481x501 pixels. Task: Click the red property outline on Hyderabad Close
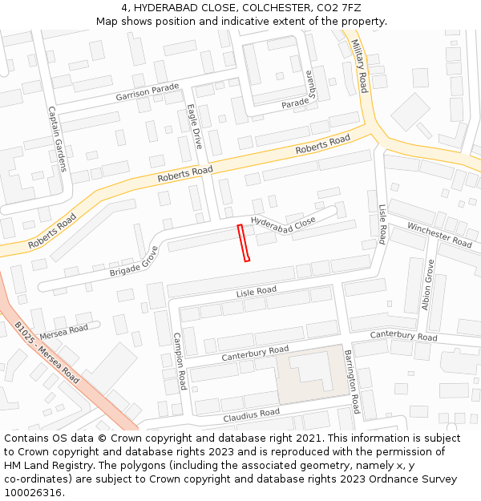pyautogui.click(x=244, y=243)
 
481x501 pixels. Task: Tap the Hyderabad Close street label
pyautogui.click(x=283, y=224)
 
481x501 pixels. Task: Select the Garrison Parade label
pyautogui.click(x=148, y=92)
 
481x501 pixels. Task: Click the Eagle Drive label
pyautogui.click(x=195, y=127)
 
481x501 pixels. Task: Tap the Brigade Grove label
pyautogui.click(x=134, y=261)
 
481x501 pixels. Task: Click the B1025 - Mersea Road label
pyautogui.click(x=46, y=354)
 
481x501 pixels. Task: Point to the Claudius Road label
pyautogui.click(x=252, y=414)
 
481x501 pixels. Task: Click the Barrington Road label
pyautogui.click(x=350, y=381)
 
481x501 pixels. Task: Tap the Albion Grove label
pyautogui.click(x=427, y=285)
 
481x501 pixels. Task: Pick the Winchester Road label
pyautogui.click(x=439, y=233)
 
